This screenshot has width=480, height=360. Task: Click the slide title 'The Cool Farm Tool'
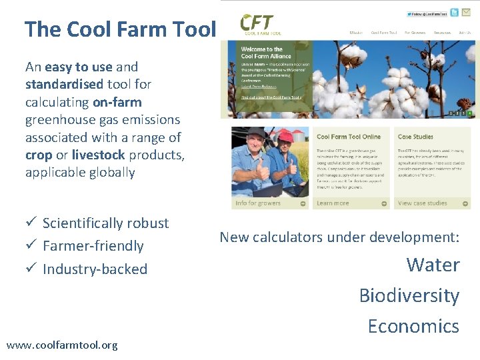(x=121, y=29)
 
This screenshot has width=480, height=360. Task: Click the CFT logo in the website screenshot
(x=261, y=25)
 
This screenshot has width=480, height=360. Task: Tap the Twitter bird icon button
(x=454, y=13)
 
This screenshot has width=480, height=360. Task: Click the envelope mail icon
(x=466, y=13)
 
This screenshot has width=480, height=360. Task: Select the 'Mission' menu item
(x=357, y=32)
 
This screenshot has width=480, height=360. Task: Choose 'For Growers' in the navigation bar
(x=415, y=32)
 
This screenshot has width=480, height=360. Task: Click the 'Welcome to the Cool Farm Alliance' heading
(x=262, y=53)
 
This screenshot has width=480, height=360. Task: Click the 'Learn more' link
(x=333, y=203)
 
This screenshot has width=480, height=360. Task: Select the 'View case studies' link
(x=422, y=203)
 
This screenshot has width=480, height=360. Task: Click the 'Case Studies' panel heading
(x=415, y=137)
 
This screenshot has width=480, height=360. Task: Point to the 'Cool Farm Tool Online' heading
(x=349, y=137)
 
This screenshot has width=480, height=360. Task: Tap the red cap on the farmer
(x=285, y=136)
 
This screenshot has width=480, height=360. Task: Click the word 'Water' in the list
(x=433, y=265)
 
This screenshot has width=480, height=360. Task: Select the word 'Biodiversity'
(x=409, y=295)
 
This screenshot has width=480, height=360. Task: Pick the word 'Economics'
(x=413, y=326)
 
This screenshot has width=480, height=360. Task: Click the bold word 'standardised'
(x=64, y=85)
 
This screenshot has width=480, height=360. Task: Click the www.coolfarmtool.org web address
(x=62, y=345)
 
